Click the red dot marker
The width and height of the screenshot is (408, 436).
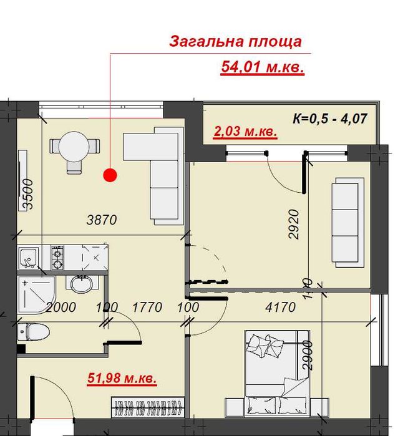[x=110, y=175]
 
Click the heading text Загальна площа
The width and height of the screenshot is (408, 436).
[x=236, y=42]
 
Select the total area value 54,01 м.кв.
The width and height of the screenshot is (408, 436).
[x=262, y=67]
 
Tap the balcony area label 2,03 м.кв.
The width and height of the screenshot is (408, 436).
[x=245, y=132]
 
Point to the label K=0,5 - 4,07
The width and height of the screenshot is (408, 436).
[x=334, y=118]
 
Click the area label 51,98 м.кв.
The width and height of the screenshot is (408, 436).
[x=121, y=377]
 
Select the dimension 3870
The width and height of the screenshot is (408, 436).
[x=102, y=219]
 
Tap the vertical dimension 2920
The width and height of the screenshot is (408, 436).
[x=294, y=225]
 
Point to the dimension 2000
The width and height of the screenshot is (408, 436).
[x=61, y=307]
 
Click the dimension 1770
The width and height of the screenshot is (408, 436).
[x=147, y=307]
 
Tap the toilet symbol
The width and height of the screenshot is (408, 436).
[x=32, y=331]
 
